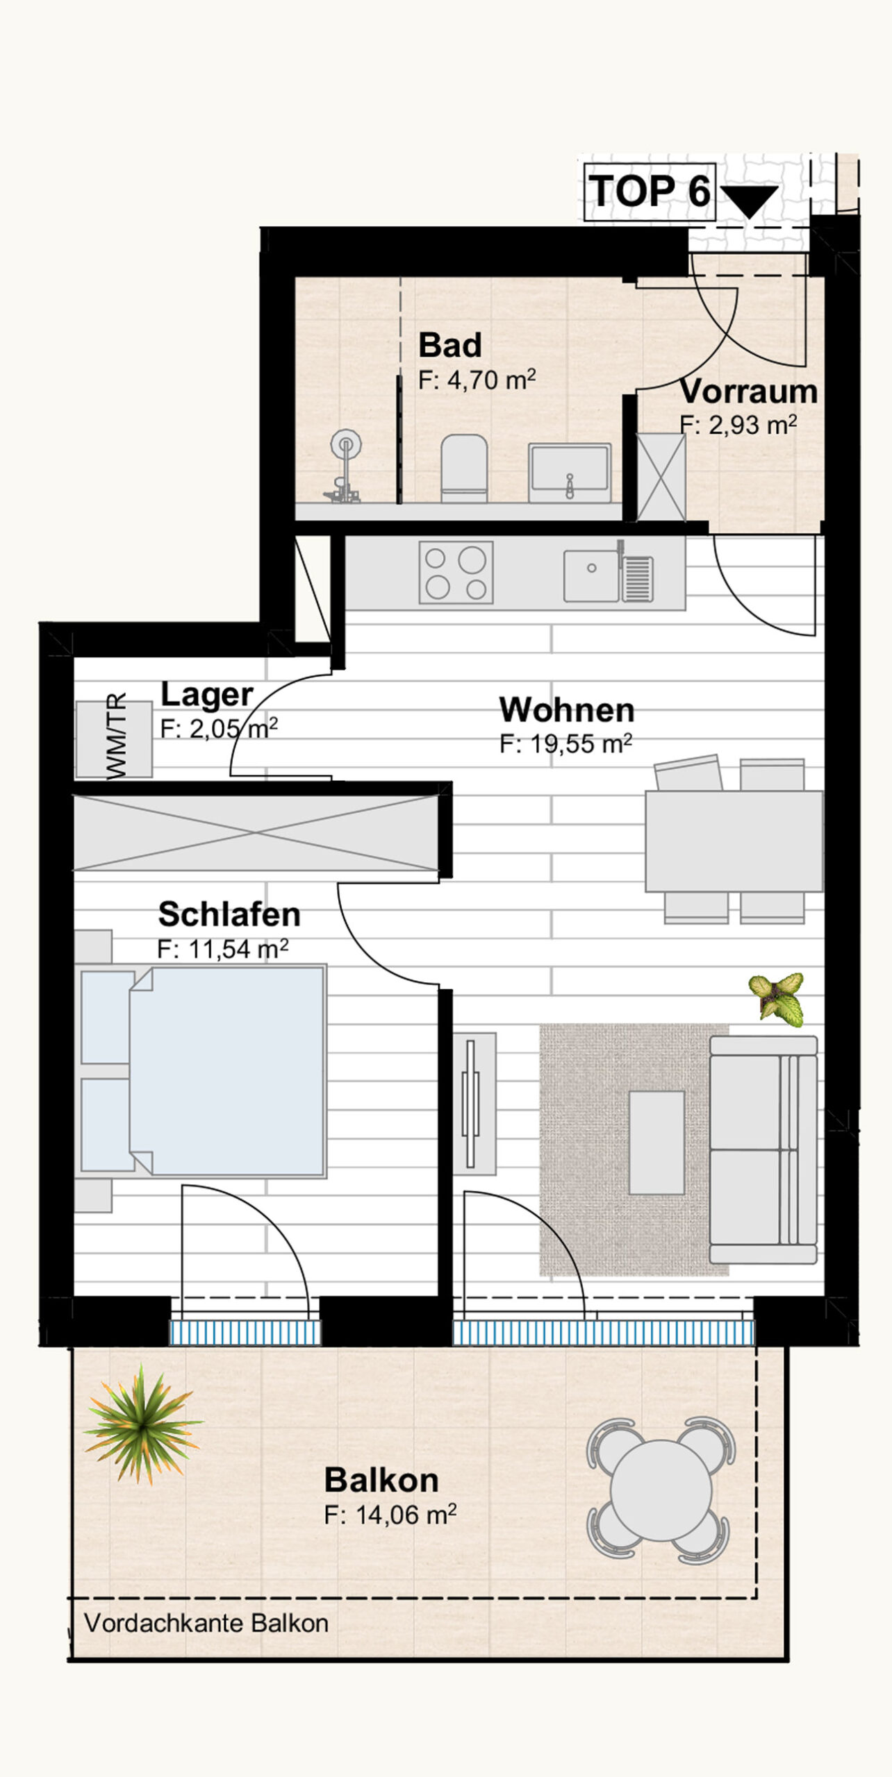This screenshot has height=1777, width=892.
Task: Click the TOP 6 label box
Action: click(650, 192)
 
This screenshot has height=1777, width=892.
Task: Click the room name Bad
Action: click(450, 345)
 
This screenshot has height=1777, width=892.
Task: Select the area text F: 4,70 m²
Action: click(477, 380)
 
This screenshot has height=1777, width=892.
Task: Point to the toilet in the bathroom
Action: click(464, 468)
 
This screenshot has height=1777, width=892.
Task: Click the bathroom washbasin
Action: click(570, 473)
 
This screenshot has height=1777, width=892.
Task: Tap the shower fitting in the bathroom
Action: click(344, 466)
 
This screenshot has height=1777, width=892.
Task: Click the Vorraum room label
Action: click(748, 391)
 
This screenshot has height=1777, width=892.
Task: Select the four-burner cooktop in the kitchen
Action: click(456, 572)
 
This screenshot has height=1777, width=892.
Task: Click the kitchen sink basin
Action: click(591, 575)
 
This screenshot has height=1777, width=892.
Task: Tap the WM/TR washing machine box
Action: click(114, 739)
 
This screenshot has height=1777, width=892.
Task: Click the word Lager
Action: click(207, 695)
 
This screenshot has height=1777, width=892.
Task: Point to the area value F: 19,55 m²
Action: click(565, 744)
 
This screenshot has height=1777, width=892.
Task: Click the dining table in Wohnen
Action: click(734, 841)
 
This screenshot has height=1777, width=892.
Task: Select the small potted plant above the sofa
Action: click(777, 999)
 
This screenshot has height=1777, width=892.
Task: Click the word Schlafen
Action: click(229, 914)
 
